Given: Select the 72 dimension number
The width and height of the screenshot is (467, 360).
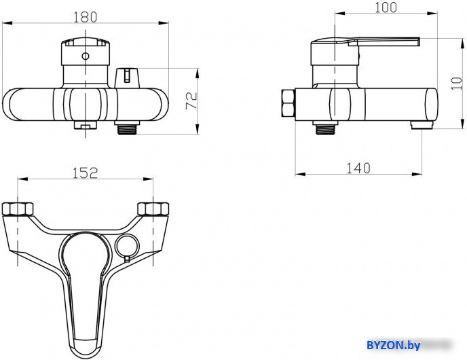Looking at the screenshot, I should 192,101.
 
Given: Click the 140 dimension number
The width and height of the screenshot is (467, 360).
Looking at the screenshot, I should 358,168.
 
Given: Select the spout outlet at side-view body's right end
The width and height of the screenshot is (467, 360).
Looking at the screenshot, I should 419,125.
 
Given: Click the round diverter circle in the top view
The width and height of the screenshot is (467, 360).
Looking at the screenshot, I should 125,246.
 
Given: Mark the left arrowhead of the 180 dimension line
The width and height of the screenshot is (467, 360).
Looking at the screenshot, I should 5,24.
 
